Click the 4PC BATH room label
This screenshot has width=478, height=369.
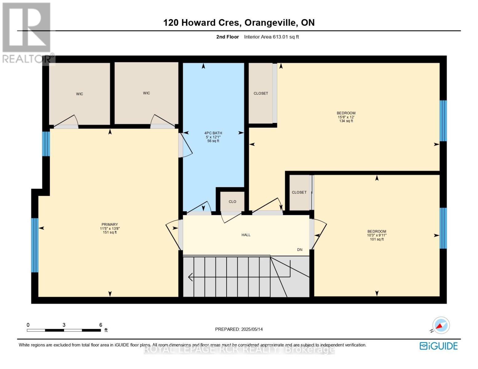[x=213, y=133]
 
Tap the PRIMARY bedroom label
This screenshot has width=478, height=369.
[x=110, y=224]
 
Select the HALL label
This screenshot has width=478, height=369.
[x=246, y=235]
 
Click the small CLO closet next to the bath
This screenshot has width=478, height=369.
[x=232, y=202]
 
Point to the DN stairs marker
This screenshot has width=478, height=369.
[x=299, y=250]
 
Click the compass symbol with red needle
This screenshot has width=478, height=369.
[x=441, y=325]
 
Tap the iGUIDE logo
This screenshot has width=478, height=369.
[x=439, y=346]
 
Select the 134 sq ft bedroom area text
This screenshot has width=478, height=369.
[x=346, y=121]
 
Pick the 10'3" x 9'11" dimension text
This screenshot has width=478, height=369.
[x=377, y=235]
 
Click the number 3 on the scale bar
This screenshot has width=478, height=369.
[x=64, y=325]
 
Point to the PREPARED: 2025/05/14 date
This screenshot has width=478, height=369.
[x=239, y=329]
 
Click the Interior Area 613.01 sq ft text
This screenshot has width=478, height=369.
[x=271, y=37]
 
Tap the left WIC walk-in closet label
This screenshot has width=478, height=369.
[x=79, y=94]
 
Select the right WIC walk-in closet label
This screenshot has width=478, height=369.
[x=147, y=93]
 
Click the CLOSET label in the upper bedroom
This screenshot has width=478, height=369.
[x=261, y=93]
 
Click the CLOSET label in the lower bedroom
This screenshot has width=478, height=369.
[x=299, y=192]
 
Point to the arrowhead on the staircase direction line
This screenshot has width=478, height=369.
[x=191, y=277]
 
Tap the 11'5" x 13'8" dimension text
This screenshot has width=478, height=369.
[x=110, y=228]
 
